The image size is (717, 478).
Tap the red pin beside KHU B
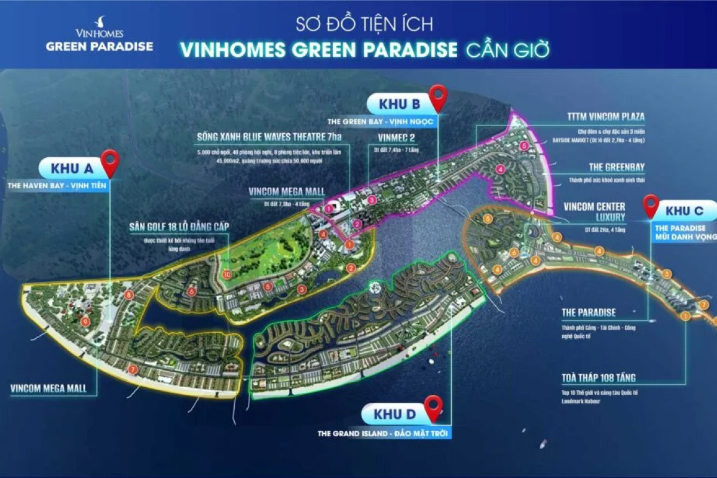[x=439, y=97]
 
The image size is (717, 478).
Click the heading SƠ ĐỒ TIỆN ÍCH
[x=364, y=24]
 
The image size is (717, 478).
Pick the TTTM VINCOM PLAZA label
[x=605, y=117]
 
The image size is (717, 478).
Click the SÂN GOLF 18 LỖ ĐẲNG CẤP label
[x=179, y=227]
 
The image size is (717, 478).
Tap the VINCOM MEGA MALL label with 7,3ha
[x=286, y=192]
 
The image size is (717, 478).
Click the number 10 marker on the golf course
[x=225, y=274]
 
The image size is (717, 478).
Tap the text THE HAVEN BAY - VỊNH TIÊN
[x=54, y=186]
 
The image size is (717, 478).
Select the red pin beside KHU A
[x=110, y=163]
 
